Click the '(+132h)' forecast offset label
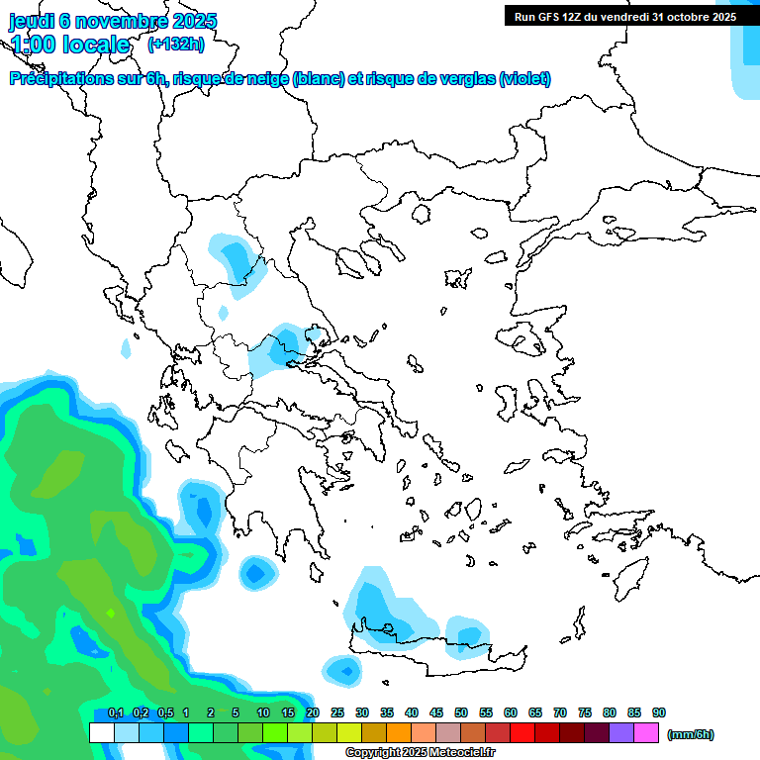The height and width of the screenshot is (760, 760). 176,45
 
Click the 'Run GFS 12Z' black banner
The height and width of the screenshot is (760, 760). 624,16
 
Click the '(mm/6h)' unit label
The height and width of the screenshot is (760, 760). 691,734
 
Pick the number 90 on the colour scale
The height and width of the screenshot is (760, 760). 659,713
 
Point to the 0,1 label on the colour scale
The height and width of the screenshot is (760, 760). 116,713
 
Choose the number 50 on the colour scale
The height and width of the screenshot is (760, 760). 461,713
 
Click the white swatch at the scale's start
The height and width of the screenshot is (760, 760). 102,732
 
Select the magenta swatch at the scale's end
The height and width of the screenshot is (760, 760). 646,732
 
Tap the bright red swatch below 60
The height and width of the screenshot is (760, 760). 522,732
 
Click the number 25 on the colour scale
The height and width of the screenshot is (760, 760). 337,713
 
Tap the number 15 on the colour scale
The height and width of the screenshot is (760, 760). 288,713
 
